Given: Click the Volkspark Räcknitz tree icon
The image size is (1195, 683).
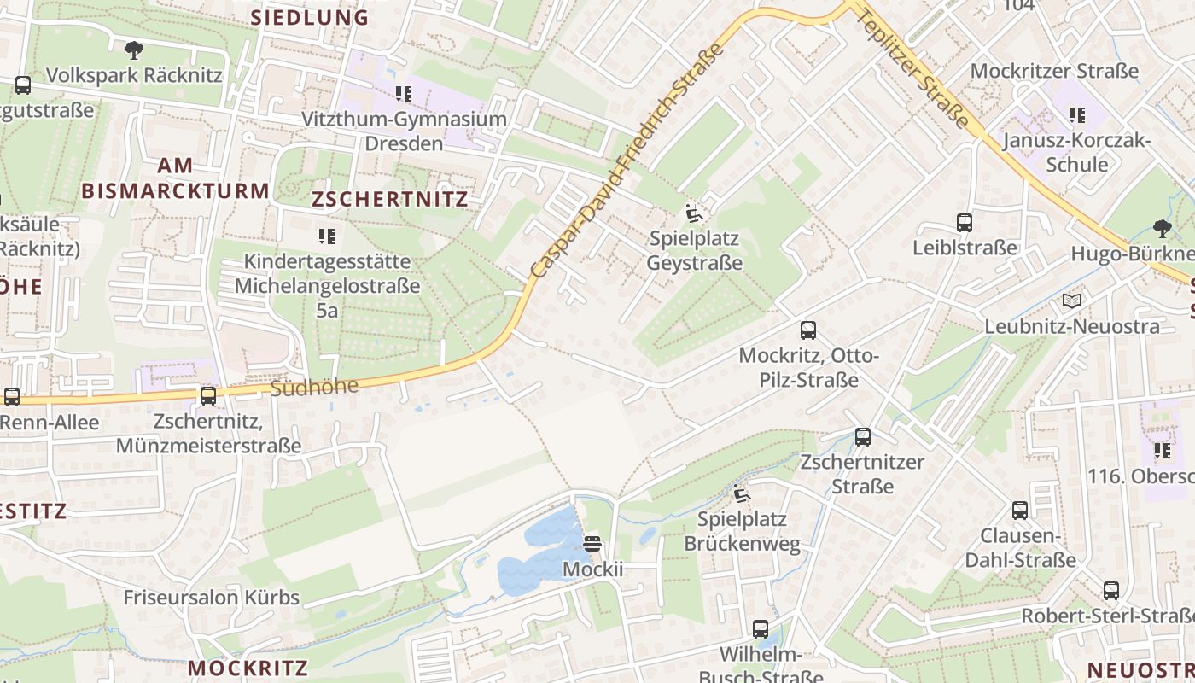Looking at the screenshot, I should tap(133, 50).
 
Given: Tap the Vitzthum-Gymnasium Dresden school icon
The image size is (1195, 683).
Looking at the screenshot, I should tap(404, 94).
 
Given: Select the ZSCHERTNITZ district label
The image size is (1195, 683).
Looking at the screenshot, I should tap(390, 200).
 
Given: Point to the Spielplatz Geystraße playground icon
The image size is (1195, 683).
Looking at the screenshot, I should tap(694, 213).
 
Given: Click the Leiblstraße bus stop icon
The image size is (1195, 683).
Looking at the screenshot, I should tap(965, 223).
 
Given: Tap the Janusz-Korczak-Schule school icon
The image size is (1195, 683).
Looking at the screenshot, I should tap(1077, 114).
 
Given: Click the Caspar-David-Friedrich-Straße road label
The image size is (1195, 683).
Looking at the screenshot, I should tap(627, 161).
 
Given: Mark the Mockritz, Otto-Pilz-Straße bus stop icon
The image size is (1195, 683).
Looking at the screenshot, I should tap(808, 330).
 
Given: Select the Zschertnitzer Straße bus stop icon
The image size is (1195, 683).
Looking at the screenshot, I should tap(863, 437).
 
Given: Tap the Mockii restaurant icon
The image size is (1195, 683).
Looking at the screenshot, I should tap(592, 543).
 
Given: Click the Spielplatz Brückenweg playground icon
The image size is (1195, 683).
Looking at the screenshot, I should tap(741, 493).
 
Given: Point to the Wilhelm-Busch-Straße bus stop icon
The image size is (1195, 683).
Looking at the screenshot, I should tap(761, 629).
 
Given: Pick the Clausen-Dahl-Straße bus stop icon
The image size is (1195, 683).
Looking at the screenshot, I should tap(1020, 511).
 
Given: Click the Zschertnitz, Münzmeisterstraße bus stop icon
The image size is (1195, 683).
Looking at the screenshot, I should tap(208, 396).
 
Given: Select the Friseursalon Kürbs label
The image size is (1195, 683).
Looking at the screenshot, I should tap(212, 597).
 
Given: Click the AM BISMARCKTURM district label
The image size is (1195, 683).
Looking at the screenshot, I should tap(175, 178).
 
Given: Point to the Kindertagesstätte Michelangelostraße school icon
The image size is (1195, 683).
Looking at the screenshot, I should tap(327, 236).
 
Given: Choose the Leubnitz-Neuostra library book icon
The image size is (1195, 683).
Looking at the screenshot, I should tap(1071, 301).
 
